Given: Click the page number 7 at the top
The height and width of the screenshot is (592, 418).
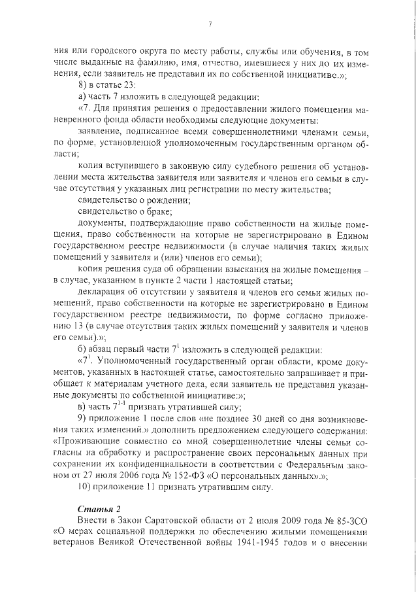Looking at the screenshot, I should pyautogui.click(x=210, y=25).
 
